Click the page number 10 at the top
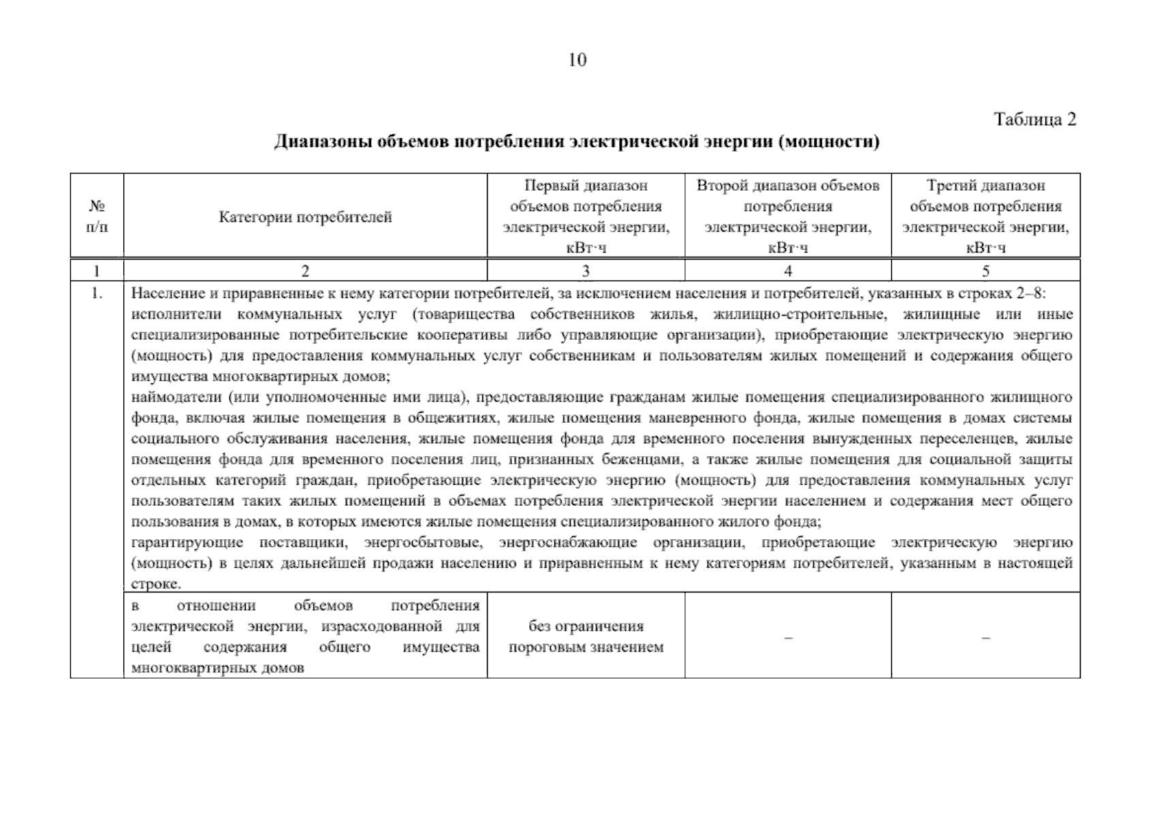pyautogui.click(x=576, y=60)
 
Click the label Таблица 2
pyautogui.click(x=1035, y=120)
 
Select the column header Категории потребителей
pyautogui.click(x=305, y=217)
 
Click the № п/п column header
pyautogui.click(x=97, y=217)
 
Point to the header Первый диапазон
pyautogui.click(x=586, y=186)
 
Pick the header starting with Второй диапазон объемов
pyautogui.click(x=788, y=186)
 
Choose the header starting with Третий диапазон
pyautogui.click(x=985, y=186)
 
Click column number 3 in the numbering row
pyautogui.click(x=586, y=271)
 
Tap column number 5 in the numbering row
pyautogui.click(x=985, y=271)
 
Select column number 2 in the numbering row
pyautogui.click(x=305, y=271)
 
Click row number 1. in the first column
pyautogui.click(x=97, y=294)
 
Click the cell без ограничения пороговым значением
pyautogui.click(x=586, y=637)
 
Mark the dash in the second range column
pyautogui.click(x=788, y=637)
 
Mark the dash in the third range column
pyautogui.click(x=985, y=637)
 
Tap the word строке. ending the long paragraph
pyautogui.click(x=155, y=584)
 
